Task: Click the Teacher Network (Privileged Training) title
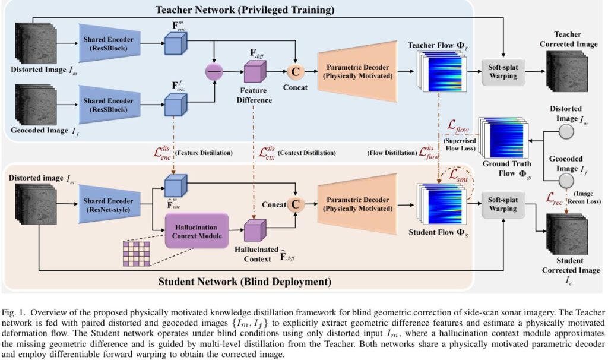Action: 245,10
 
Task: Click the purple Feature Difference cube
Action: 254,73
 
